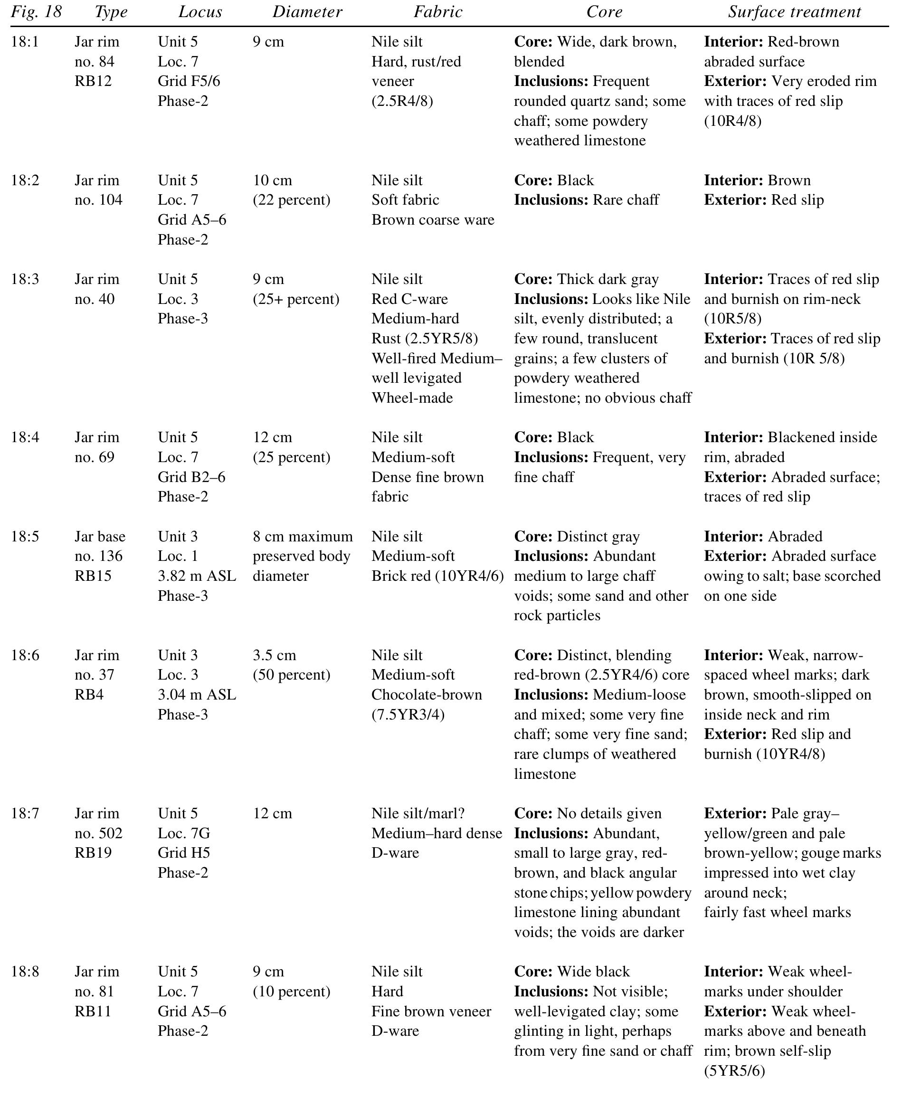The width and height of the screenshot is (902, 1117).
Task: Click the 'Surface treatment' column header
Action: [794, 12]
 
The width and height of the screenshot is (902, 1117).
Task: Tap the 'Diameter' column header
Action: [307, 12]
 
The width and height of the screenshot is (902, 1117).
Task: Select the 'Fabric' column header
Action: [437, 12]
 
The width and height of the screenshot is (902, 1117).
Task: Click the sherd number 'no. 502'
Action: [98, 833]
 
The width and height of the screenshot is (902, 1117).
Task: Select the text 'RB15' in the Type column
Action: [93, 576]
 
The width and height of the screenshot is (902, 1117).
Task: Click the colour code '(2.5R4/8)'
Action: [402, 101]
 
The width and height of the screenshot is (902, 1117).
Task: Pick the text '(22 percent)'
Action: [292, 200]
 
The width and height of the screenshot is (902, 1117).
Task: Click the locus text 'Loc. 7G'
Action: [184, 833]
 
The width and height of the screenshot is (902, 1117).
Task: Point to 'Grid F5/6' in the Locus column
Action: [189, 81]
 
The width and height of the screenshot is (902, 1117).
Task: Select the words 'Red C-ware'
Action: [409, 299]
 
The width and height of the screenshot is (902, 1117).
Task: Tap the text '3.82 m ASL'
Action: [197, 576]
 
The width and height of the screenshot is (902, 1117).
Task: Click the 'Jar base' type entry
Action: [100, 536]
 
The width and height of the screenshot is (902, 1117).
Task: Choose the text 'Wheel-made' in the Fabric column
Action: [412, 398]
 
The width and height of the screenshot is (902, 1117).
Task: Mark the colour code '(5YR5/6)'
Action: [734, 1070]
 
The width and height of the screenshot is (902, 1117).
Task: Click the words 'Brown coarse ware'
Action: [432, 220]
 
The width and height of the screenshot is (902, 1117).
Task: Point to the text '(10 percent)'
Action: [292, 991]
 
